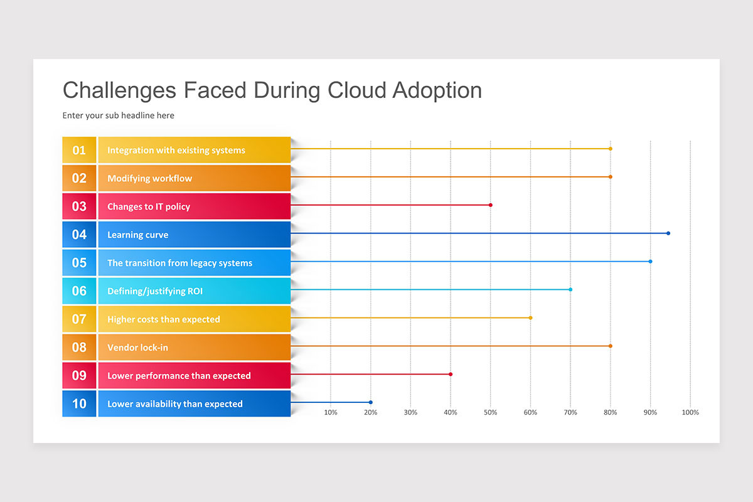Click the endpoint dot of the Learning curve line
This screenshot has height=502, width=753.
click(x=668, y=233)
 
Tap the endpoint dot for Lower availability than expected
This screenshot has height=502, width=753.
click(x=371, y=402)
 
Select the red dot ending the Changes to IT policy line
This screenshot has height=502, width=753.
click(x=491, y=205)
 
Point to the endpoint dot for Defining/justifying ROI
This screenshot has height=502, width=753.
click(x=570, y=289)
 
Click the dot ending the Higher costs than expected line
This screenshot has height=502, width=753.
click(x=530, y=318)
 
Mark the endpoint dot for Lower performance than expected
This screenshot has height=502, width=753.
click(x=451, y=374)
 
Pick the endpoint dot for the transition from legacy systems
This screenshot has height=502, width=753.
click(x=650, y=261)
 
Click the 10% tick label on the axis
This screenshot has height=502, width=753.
click(x=331, y=412)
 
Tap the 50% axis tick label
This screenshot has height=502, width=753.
click(x=491, y=412)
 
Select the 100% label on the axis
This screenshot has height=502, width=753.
click(x=690, y=412)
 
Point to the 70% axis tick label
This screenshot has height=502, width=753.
click(x=570, y=412)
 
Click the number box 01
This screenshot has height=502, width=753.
click(x=79, y=150)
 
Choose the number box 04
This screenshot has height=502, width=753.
click(x=79, y=235)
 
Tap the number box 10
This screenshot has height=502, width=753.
click(x=79, y=403)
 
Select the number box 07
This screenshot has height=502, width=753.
click(x=79, y=319)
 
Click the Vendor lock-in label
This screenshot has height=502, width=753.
click(x=137, y=348)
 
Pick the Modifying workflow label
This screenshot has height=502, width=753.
click(x=149, y=178)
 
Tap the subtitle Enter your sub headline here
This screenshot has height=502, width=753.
click(x=119, y=115)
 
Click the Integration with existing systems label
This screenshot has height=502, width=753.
click(x=176, y=150)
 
